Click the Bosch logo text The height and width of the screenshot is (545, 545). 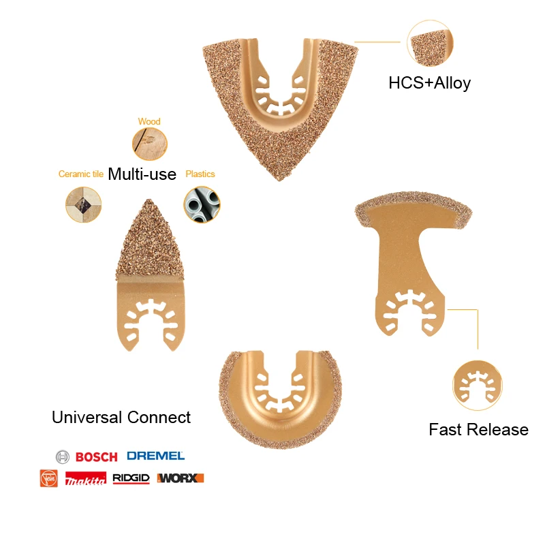pos(96,456)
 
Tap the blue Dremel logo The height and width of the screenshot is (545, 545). pos(156,456)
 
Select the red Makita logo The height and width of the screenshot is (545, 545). pos(86,479)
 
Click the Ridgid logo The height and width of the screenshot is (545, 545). pos(131,479)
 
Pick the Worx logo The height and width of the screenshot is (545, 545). pos(181,478)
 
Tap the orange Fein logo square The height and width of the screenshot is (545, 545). pos(48,478)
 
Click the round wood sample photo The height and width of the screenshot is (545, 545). pos(150,144)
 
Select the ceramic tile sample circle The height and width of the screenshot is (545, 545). pos(83,204)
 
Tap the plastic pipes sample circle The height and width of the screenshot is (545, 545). pos(202,204)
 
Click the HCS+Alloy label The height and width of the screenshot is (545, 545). pos(430,83)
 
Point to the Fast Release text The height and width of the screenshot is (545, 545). pos(479,430)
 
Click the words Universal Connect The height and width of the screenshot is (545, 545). pos(121,417)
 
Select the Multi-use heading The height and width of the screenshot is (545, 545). pos(142,174)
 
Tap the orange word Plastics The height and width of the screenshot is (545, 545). pos(200,174)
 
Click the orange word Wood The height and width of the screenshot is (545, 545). pos(149,121)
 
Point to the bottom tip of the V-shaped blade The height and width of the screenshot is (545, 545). pos(279,181)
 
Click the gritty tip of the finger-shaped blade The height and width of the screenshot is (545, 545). pos(149,200)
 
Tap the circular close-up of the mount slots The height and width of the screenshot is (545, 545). pos(478,385)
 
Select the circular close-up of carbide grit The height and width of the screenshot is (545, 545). pos(430,43)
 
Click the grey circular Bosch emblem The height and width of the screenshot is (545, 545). pos(63,456)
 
